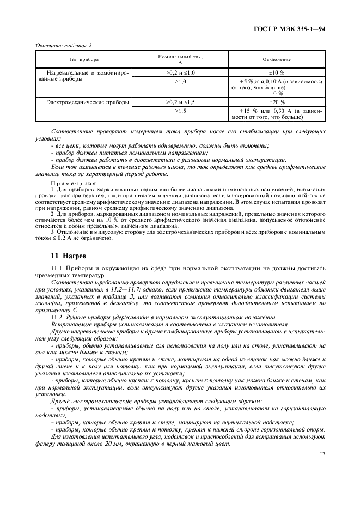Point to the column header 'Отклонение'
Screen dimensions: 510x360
point(277,59)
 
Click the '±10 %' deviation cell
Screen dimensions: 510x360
point(277,72)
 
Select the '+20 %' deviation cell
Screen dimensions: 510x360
point(277,102)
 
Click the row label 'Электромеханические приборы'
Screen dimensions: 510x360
point(88,102)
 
